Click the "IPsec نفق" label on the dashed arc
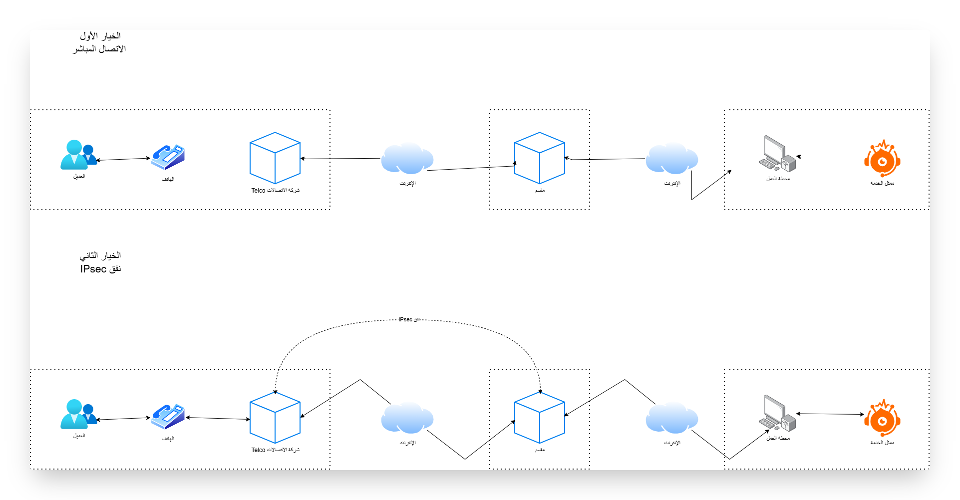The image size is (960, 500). (409, 319)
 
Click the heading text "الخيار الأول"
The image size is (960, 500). (100, 36)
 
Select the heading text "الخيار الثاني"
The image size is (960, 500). (100, 255)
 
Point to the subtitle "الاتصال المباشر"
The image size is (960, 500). (99, 49)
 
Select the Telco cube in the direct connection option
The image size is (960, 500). (275, 158)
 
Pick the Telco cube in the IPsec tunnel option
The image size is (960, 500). (275, 418)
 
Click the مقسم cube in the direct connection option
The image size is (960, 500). (540, 158)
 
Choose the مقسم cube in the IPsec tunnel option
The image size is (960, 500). (540, 418)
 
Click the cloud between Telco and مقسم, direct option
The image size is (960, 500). (407, 159)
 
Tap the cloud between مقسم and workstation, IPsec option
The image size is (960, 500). (672, 418)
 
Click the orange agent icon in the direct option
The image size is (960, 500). (882, 159)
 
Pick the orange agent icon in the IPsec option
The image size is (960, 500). (882, 418)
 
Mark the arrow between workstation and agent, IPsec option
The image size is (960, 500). (830, 414)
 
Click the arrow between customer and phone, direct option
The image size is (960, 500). (123, 159)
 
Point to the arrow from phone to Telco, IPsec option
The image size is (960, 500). (218, 418)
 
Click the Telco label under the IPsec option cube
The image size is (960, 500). (275, 450)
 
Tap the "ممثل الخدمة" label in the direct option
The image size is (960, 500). (882, 184)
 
